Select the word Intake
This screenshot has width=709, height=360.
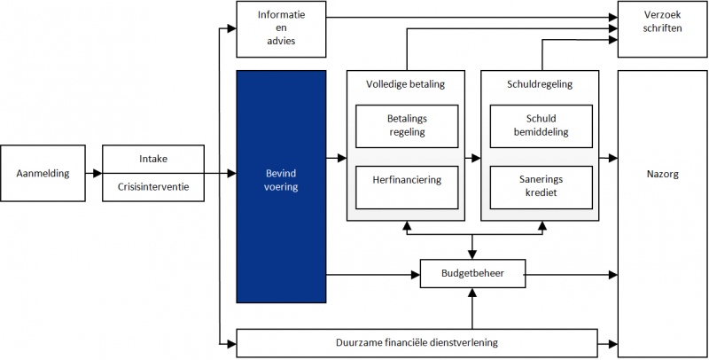(x=153, y=159)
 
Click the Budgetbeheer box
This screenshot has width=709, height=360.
(x=472, y=274)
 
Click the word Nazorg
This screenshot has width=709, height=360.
(x=662, y=175)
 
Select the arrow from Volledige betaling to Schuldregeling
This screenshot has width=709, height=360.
(x=474, y=159)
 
